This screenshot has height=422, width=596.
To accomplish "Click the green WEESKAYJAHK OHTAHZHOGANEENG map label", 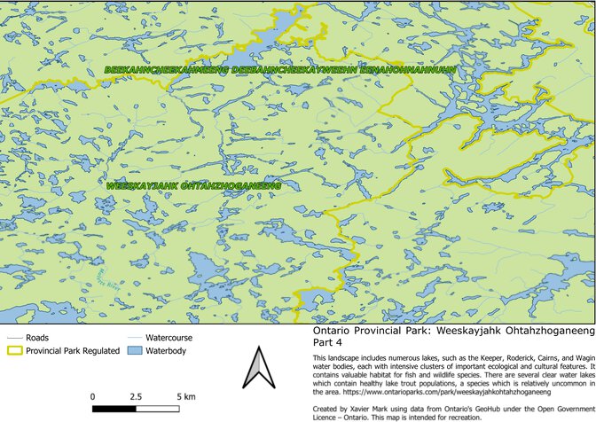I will (x=192, y=187).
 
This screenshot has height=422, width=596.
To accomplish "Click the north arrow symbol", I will (x=256, y=369).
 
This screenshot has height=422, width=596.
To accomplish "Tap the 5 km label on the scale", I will (x=186, y=395).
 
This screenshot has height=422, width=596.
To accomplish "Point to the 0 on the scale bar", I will (x=93, y=395).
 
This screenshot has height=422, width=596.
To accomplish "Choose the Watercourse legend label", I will (x=169, y=339).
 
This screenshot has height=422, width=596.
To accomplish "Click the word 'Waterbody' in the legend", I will (x=168, y=351).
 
